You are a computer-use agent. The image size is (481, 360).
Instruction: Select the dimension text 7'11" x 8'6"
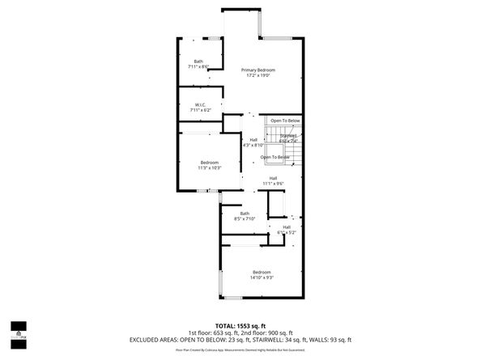click(x=199, y=66)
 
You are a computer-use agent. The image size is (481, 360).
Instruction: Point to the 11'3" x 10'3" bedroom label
click(x=210, y=167)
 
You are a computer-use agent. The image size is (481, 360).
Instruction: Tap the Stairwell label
click(x=289, y=136)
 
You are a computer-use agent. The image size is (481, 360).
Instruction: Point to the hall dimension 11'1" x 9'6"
click(x=274, y=184)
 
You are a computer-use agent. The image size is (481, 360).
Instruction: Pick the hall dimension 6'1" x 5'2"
click(x=287, y=232)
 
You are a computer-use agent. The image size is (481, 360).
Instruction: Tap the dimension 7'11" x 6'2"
click(x=201, y=109)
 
